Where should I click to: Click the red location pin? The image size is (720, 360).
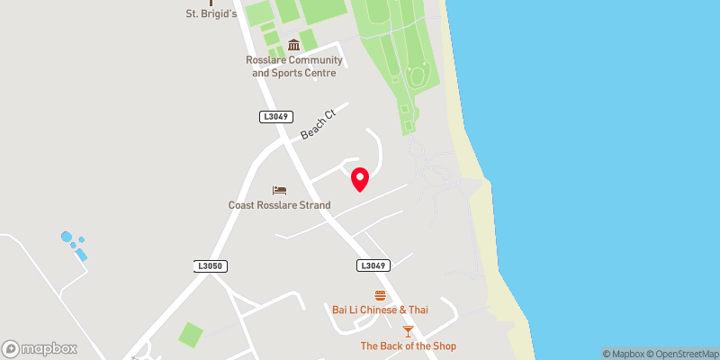tap(360, 178)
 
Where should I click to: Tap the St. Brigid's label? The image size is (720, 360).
tap(211, 13)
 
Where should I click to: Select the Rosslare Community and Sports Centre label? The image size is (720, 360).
tap(294, 67)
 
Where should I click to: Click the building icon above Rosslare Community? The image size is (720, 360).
tap(293, 46)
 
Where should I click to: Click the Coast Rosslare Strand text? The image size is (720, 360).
tap(279, 205)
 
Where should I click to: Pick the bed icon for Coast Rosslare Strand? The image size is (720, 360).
tap(279, 191)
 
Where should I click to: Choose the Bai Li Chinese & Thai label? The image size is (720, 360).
tap(380, 310)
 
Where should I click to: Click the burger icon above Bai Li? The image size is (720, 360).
tap(380, 295)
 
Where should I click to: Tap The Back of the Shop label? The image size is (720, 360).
tap(409, 346)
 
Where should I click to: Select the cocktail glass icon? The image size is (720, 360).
tap(409, 331)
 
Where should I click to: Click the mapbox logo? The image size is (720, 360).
tap(40, 348)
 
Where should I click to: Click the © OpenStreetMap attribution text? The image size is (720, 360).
tap(687, 354)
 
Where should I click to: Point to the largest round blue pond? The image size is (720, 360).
tap(67, 238)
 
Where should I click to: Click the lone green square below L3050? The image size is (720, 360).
tap(191, 335)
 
